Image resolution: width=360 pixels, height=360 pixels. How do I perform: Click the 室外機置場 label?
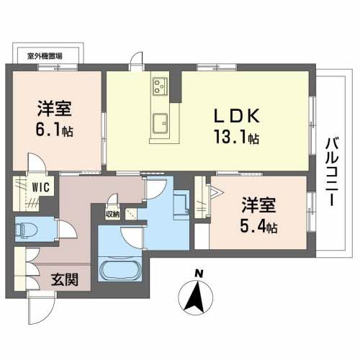(x=45, y=55)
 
